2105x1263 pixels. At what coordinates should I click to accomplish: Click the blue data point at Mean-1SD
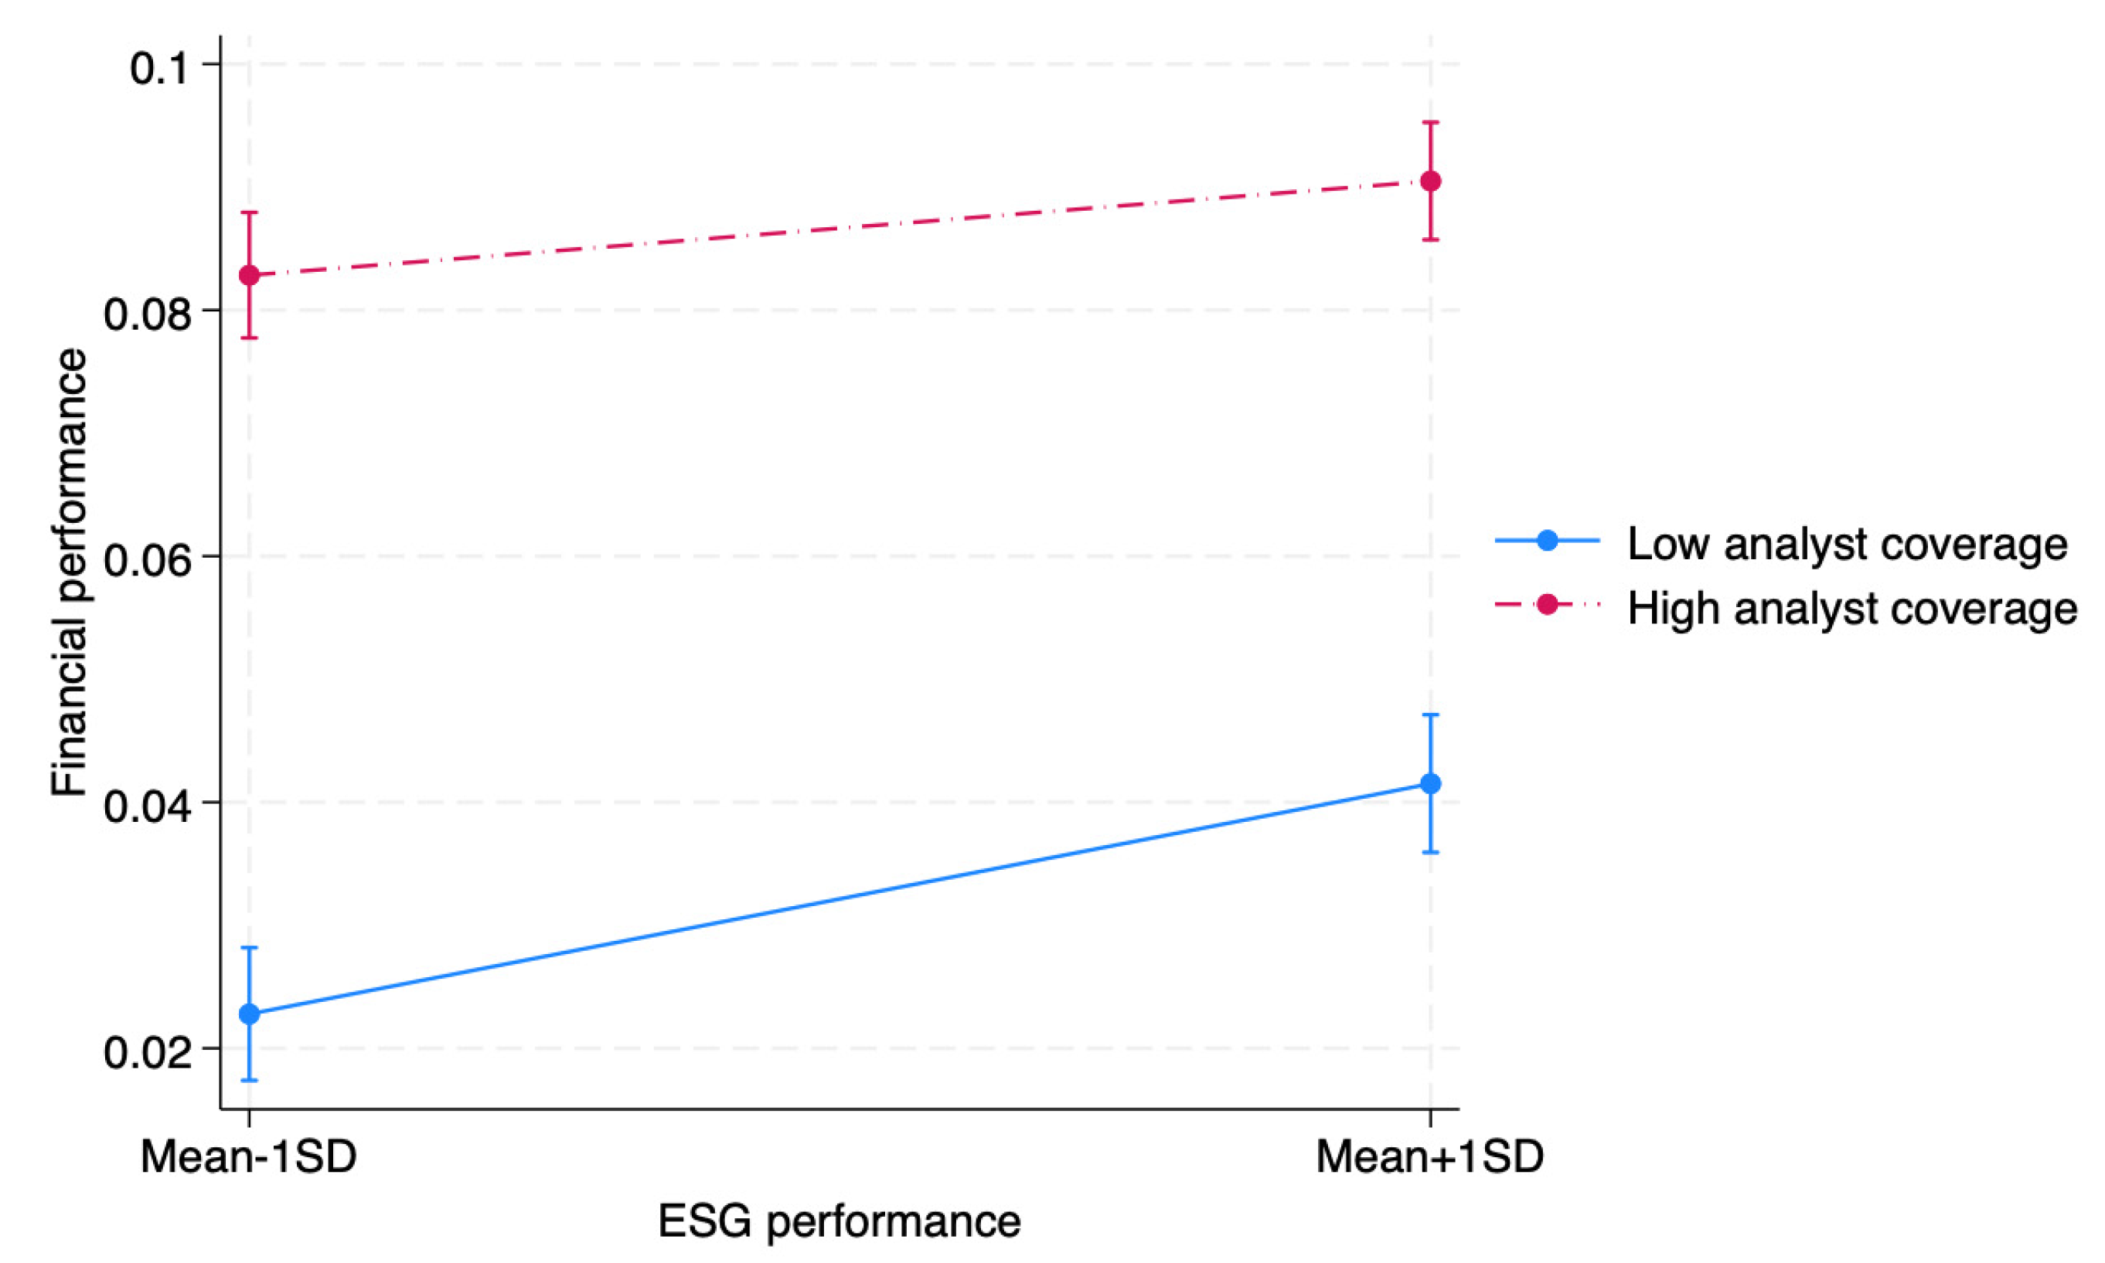pos(250,1013)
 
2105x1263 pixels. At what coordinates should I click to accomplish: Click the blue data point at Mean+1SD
pos(1431,783)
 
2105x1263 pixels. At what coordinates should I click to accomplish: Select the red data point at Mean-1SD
pos(250,275)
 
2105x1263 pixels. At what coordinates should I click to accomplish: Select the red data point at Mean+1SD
pos(1431,181)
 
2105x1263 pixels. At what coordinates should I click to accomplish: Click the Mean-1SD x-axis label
pos(249,1158)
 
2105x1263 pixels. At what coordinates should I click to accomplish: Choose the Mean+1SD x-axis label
pos(1429,1158)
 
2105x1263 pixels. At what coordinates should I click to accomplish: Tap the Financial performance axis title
pos(70,572)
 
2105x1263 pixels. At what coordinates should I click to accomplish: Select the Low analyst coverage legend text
pos(1847,543)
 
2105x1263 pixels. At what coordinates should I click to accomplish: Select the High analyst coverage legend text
pos(1852,608)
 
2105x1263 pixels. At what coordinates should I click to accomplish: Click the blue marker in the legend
pos(1547,541)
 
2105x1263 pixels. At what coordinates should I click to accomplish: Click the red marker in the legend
pos(1547,605)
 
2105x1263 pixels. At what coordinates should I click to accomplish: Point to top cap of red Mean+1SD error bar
pos(1431,123)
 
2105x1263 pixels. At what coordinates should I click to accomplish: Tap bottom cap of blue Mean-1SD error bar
pos(250,1080)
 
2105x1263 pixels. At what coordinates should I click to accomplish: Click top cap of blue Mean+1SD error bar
pos(1431,715)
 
